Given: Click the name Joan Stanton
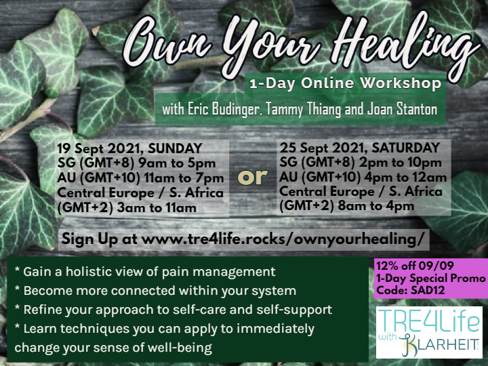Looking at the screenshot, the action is pyautogui.click(x=402, y=109).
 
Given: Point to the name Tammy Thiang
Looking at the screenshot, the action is pyautogui.click(x=304, y=110).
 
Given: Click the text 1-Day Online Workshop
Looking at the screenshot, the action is pyautogui.click(x=346, y=83).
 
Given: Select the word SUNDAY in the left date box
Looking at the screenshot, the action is pyautogui.click(x=176, y=148).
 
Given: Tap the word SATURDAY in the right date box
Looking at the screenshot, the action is pyautogui.click(x=405, y=148).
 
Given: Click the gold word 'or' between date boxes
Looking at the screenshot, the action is pyautogui.click(x=252, y=177).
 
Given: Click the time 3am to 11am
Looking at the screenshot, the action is pyautogui.click(x=157, y=208).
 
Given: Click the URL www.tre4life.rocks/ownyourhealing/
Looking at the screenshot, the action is pyautogui.click(x=283, y=239).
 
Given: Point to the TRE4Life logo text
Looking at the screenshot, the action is pyautogui.click(x=429, y=321).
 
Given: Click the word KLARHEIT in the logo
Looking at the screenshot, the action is pyautogui.click(x=441, y=344).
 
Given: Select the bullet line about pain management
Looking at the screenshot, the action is pyautogui.click(x=145, y=272).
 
